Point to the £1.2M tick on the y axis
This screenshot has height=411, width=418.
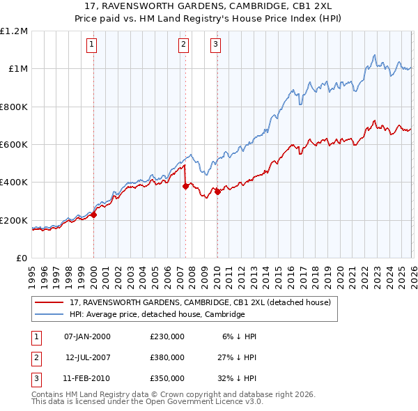(x=14, y=31)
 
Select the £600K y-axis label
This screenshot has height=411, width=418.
(x=14, y=145)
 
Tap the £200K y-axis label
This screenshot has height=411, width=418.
(x=14, y=221)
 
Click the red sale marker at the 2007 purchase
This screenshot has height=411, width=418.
(x=185, y=186)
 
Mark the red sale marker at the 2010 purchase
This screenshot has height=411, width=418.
(x=217, y=192)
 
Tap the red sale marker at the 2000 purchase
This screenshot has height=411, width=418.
(x=93, y=215)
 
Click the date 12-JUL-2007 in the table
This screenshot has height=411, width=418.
(x=88, y=357)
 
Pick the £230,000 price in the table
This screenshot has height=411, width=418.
(x=167, y=336)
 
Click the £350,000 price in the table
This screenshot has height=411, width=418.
(x=167, y=378)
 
